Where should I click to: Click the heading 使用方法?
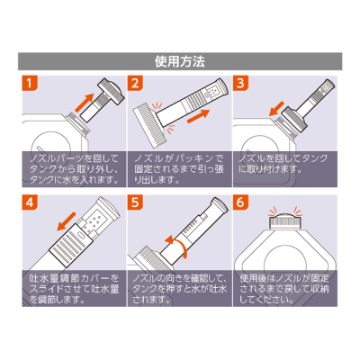pos(179,63)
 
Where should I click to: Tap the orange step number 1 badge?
pos(30,85)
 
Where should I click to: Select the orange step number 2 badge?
pos(136,85)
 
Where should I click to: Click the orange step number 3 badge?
pos(241,85)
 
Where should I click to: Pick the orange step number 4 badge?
pos(30,203)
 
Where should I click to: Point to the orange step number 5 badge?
pos(136,203)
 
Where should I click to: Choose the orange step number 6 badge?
pos(241,203)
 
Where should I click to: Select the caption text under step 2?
pos(179,167)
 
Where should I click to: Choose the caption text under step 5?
pos(179,286)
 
